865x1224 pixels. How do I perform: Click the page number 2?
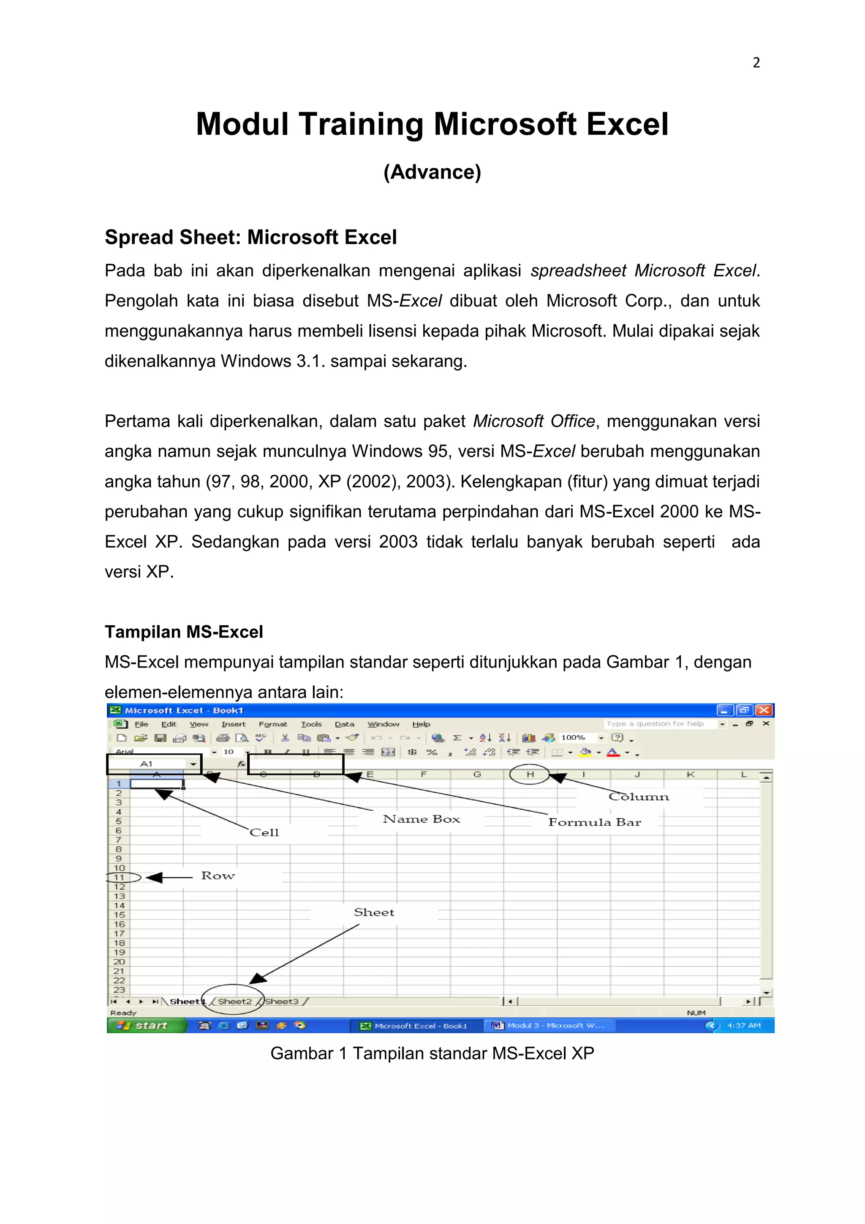[x=756, y=63]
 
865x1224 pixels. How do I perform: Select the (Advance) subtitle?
[x=432, y=172]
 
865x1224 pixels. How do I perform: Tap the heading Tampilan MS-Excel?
[x=184, y=632]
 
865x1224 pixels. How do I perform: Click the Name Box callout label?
[x=421, y=819]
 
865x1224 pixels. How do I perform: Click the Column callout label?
[x=638, y=797]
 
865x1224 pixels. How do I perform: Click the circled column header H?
[x=530, y=774]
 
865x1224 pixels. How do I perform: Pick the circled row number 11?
[x=119, y=877]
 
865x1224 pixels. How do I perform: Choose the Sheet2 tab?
[x=234, y=1001]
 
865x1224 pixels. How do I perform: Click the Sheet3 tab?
[x=282, y=1001]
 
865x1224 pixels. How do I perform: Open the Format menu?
[x=273, y=724]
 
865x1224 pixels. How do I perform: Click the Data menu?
[x=344, y=724]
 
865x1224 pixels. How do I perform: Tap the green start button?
[x=146, y=1025]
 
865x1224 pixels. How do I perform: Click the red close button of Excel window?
[x=764, y=710]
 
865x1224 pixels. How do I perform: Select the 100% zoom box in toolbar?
[x=574, y=737]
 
